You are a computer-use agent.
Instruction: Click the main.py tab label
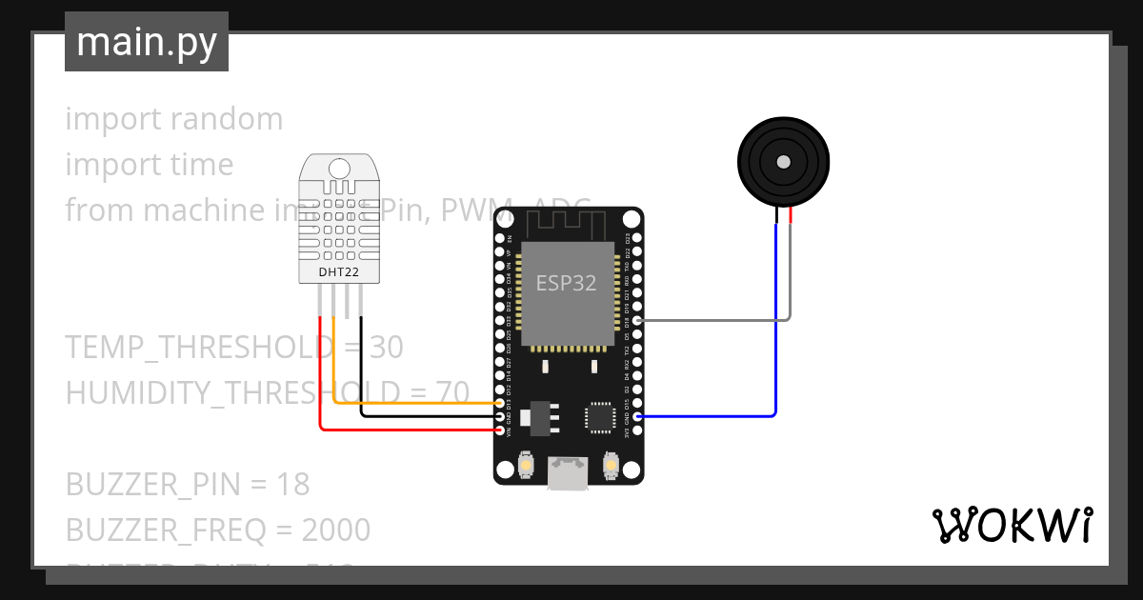(x=147, y=42)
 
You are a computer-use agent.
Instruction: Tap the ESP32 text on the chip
(x=568, y=283)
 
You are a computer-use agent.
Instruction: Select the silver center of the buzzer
(x=783, y=162)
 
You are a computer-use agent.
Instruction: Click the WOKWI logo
(x=1012, y=525)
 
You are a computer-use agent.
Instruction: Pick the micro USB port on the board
(x=569, y=472)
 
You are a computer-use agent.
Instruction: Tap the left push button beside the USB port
(x=525, y=466)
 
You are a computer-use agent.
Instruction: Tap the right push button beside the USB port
(x=612, y=466)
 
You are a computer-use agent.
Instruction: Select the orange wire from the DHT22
(x=419, y=404)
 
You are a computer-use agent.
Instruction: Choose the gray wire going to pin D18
(x=714, y=320)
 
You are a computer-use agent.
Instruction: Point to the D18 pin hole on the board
(x=637, y=320)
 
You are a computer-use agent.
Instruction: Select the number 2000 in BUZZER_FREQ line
(x=335, y=530)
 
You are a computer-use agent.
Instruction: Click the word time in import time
(x=202, y=165)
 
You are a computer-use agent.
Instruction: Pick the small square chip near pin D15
(x=601, y=416)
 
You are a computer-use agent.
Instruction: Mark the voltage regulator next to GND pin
(x=541, y=416)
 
